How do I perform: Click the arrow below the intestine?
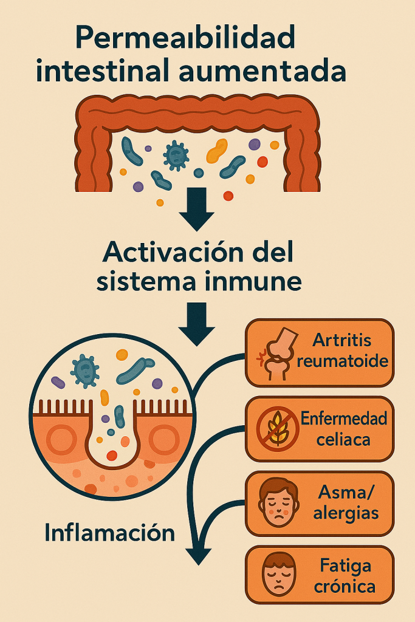coord(197,209)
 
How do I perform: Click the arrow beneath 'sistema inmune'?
coord(197,324)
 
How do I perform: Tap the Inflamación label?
coord(110,533)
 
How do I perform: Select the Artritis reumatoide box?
coord(320,352)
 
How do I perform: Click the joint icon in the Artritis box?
coord(277,355)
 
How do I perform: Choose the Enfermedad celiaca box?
coord(320,429)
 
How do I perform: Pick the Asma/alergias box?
coord(320,504)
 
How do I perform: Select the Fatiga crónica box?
coord(320,575)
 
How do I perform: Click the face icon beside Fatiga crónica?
coord(278,575)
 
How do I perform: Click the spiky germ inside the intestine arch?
coord(176,155)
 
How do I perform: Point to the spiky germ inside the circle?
coord(85,371)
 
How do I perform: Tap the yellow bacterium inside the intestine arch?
coord(217,151)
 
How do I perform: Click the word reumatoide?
coord(343,361)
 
